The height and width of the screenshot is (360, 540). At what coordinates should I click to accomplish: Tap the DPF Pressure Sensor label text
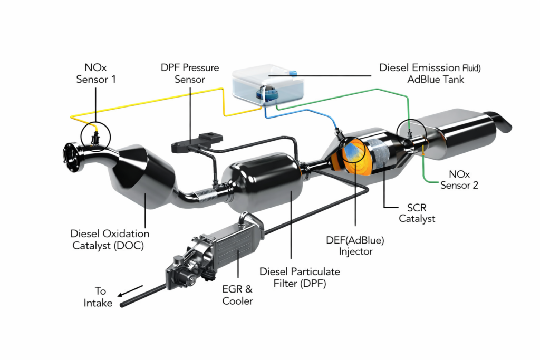190,74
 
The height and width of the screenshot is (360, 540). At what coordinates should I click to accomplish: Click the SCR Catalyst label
417,213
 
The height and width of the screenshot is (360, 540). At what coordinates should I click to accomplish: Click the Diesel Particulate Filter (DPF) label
300,277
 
